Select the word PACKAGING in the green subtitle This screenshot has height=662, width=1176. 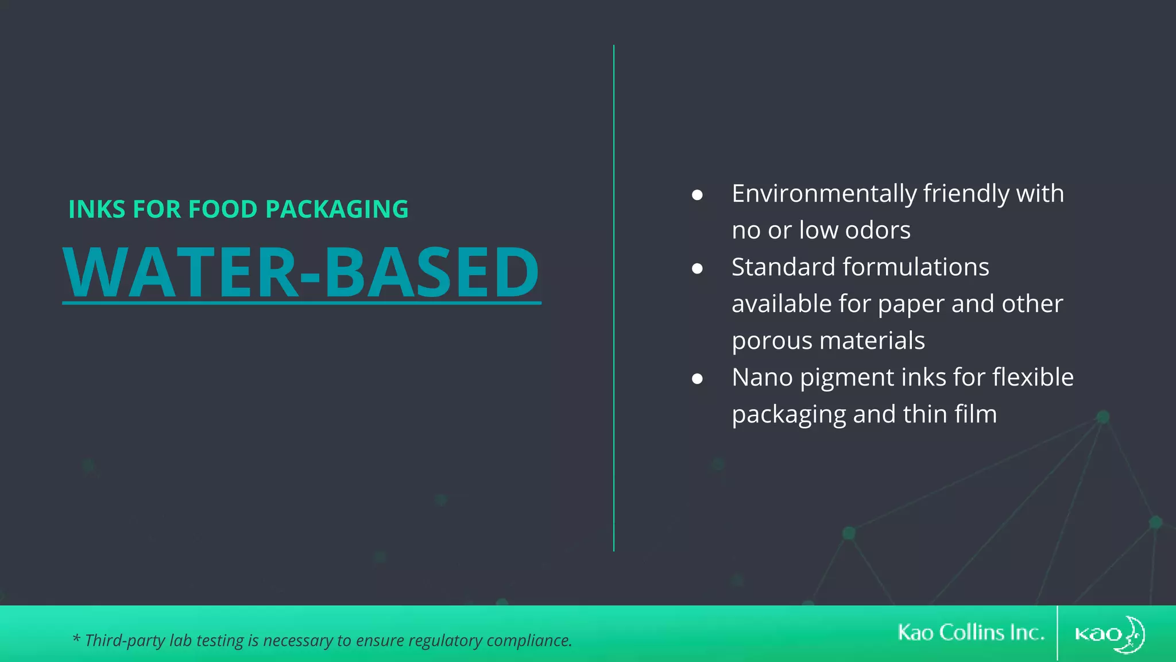[x=337, y=209]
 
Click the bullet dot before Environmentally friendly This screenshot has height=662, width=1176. [x=697, y=195]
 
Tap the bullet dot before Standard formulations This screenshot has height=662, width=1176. [x=697, y=268]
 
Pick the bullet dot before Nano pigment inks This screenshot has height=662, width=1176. [x=697, y=379]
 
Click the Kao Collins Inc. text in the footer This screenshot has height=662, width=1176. [x=970, y=633]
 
